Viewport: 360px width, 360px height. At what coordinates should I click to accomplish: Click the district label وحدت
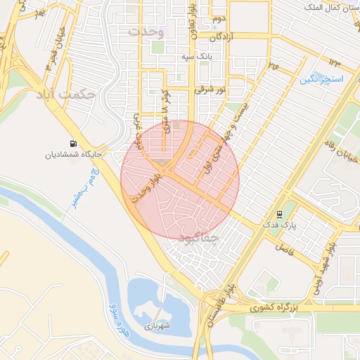pyautogui.click(x=146, y=32)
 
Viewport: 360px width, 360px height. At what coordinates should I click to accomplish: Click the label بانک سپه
pyautogui.click(x=196, y=56)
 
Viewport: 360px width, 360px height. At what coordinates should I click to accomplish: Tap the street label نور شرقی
pyautogui.click(x=211, y=91)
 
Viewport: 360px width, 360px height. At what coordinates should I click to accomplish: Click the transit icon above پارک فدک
pyautogui.click(x=280, y=214)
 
